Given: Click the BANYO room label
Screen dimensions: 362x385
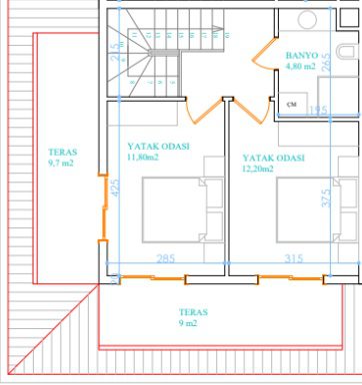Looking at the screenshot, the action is click(302, 55).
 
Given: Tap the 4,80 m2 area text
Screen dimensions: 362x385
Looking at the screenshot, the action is click(300, 66).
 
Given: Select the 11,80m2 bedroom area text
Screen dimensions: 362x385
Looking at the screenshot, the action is click(143, 157).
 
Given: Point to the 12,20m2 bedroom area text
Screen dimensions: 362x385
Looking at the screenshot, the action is click(258, 169).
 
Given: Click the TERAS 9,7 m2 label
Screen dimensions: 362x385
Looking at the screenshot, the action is click(62, 158).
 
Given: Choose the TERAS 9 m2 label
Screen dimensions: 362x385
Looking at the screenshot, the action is click(193, 317).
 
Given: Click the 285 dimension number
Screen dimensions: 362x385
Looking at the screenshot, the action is click(166, 258).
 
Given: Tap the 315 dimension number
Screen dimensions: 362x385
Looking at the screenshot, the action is click(294, 258).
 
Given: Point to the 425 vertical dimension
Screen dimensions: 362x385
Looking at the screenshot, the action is click(114, 188).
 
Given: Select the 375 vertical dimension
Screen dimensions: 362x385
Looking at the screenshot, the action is click(326, 197).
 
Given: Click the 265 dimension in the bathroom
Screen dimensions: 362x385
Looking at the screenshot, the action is click(327, 62).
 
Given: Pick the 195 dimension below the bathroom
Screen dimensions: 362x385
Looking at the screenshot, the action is click(318, 110).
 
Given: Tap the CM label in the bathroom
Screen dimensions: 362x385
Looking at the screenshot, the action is click(292, 105).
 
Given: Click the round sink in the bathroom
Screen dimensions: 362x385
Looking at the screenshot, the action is click(307, 20).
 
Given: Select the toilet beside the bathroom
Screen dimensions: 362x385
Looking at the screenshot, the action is click(349, 53).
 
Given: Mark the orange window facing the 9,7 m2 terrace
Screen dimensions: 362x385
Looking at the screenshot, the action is click(103, 208).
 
